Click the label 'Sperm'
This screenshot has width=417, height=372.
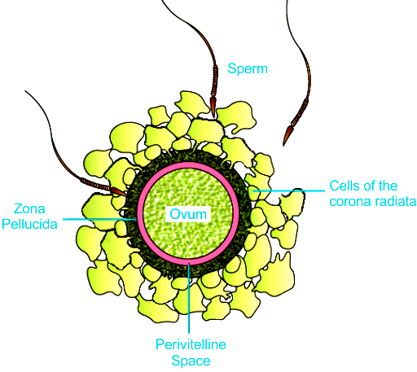pos(248,69)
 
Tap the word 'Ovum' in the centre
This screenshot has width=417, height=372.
pos(188,214)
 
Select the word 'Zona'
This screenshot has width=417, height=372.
pos(29,208)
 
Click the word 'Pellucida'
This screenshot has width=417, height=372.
pos(29,224)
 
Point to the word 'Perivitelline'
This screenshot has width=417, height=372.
pos(191,344)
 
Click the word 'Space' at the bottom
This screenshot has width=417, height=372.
pos(191,361)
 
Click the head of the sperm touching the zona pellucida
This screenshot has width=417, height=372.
pos(118,191)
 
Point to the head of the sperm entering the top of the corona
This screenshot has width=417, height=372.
pos(213,107)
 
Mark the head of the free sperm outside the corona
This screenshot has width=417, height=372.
pos(288,135)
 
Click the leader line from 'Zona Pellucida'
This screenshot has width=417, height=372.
pos(99,219)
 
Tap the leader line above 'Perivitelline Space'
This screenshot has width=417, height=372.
pos(189,298)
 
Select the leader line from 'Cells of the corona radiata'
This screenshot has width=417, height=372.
pos(289,190)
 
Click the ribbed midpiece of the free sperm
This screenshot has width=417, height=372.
pos(300,112)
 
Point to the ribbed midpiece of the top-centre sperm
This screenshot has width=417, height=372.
pos(214,81)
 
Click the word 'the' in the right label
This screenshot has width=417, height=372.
pos(388,186)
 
